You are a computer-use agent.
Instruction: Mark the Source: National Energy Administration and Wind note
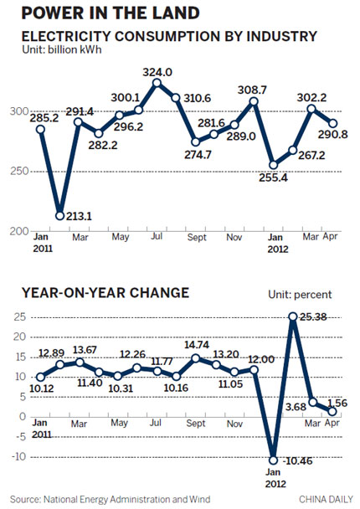pyautogui.click(x=110, y=499)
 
